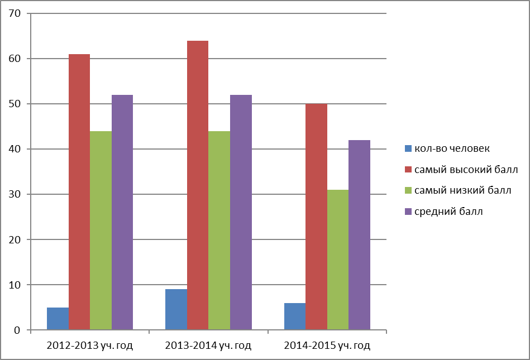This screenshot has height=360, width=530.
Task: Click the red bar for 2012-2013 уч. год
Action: [79, 192]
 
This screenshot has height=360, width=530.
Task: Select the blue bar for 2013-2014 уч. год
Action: [176, 309]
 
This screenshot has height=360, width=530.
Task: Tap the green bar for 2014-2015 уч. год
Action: [338, 260]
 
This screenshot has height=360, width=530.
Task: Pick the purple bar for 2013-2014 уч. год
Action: [241, 213]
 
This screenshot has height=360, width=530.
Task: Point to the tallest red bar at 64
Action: [198, 185]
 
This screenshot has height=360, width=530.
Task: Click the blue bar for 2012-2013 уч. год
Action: [58, 319]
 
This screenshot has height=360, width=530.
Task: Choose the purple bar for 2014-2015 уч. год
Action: [359, 235]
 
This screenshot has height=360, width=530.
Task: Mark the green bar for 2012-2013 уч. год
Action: [101, 231]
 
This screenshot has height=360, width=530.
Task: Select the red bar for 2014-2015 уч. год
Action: [316, 217]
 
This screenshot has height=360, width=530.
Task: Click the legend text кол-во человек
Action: [452, 148]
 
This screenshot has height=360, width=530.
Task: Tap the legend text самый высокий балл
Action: [466, 170]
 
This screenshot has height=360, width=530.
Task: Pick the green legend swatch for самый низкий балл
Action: [408, 190]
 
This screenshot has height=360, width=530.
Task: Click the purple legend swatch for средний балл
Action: [408, 212]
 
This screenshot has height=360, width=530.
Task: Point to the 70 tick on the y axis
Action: [28, 13]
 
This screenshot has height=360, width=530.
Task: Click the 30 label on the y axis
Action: [15, 194]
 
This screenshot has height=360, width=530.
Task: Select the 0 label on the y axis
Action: [17, 330]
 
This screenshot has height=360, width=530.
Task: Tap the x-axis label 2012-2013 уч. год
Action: [90, 345]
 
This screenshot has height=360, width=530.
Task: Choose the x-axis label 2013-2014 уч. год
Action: [208, 345]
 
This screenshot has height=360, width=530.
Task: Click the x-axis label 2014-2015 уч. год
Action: [327, 345]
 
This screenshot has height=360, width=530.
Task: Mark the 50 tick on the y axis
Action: [28, 104]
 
